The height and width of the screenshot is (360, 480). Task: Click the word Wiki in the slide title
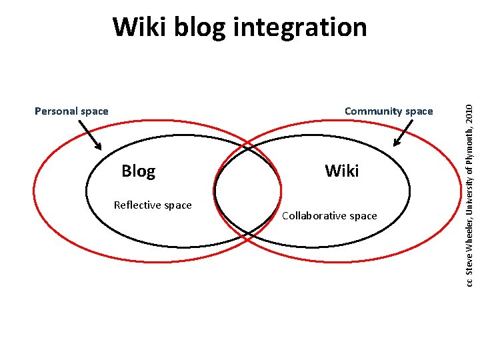pyautogui.click(x=137, y=27)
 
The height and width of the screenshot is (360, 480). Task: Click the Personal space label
pyautogui.click(x=71, y=111)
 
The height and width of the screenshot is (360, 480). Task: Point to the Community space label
pyautogui.click(x=389, y=111)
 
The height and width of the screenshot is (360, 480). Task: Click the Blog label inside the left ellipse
pyautogui.click(x=138, y=171)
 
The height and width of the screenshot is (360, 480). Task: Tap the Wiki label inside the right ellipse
pyautogui.click(x=342, y=171)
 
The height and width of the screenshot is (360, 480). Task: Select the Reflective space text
pyautogui.click(x=153, y=205)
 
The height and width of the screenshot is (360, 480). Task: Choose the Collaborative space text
pyautogui.click(x=329, y=216)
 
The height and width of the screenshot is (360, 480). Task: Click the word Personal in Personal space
pyautogui.click(x=56, y=111)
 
